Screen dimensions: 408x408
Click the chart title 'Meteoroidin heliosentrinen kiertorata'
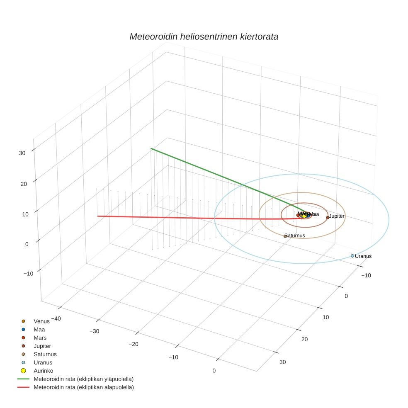click(x=204, y=36)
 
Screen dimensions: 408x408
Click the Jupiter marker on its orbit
click(x=328, y=217)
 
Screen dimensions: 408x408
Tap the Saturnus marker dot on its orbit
click(x=285, y=236)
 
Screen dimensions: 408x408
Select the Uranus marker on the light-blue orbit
click(x=352, y=256)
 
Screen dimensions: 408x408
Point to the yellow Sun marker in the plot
click(x=304, y=216)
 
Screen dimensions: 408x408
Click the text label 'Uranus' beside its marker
click(x=363, y=256)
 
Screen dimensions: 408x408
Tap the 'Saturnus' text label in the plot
click(x=295, y=236)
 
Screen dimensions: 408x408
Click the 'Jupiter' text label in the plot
click(x=337, y=216)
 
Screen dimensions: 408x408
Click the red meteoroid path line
click(x=187, y=217)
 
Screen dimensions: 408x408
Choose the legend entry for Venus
click(x=41, y=321)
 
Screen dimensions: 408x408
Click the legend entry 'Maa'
click(x=39, y=329)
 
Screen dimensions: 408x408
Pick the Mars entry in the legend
click(x=40, y=338)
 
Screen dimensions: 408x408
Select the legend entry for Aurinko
click(x=43, y=371)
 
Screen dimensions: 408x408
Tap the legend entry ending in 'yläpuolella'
click(x=83, y=379)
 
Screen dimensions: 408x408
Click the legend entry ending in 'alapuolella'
click(x=83, y=387)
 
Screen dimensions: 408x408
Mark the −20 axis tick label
click(x=133, y=344)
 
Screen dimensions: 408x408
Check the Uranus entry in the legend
click(x=43, y=362)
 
